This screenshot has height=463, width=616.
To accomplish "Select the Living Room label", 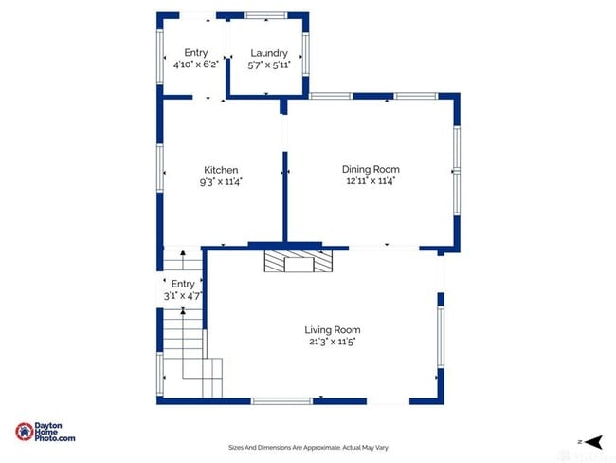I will coord(334,330).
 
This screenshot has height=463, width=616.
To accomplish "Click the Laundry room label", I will coord(268,53).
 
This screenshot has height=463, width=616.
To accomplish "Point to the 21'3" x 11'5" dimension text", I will coord(334,342).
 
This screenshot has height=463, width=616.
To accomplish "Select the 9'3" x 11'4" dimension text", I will coord(221,181).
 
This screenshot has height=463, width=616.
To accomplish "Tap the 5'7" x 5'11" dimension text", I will coord(268,65).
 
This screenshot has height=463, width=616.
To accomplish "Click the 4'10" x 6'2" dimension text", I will coord(195,65).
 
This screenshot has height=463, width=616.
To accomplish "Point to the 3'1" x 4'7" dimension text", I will coord(183,297).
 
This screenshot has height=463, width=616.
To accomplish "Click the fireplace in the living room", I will coord(299,261).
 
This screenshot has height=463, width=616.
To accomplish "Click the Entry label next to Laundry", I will coord(195,53).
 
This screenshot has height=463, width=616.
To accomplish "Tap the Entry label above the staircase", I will coord(183,284).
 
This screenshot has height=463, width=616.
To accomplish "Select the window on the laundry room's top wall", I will coord(265,15).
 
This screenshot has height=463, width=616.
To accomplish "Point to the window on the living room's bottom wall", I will coord(281,401).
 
